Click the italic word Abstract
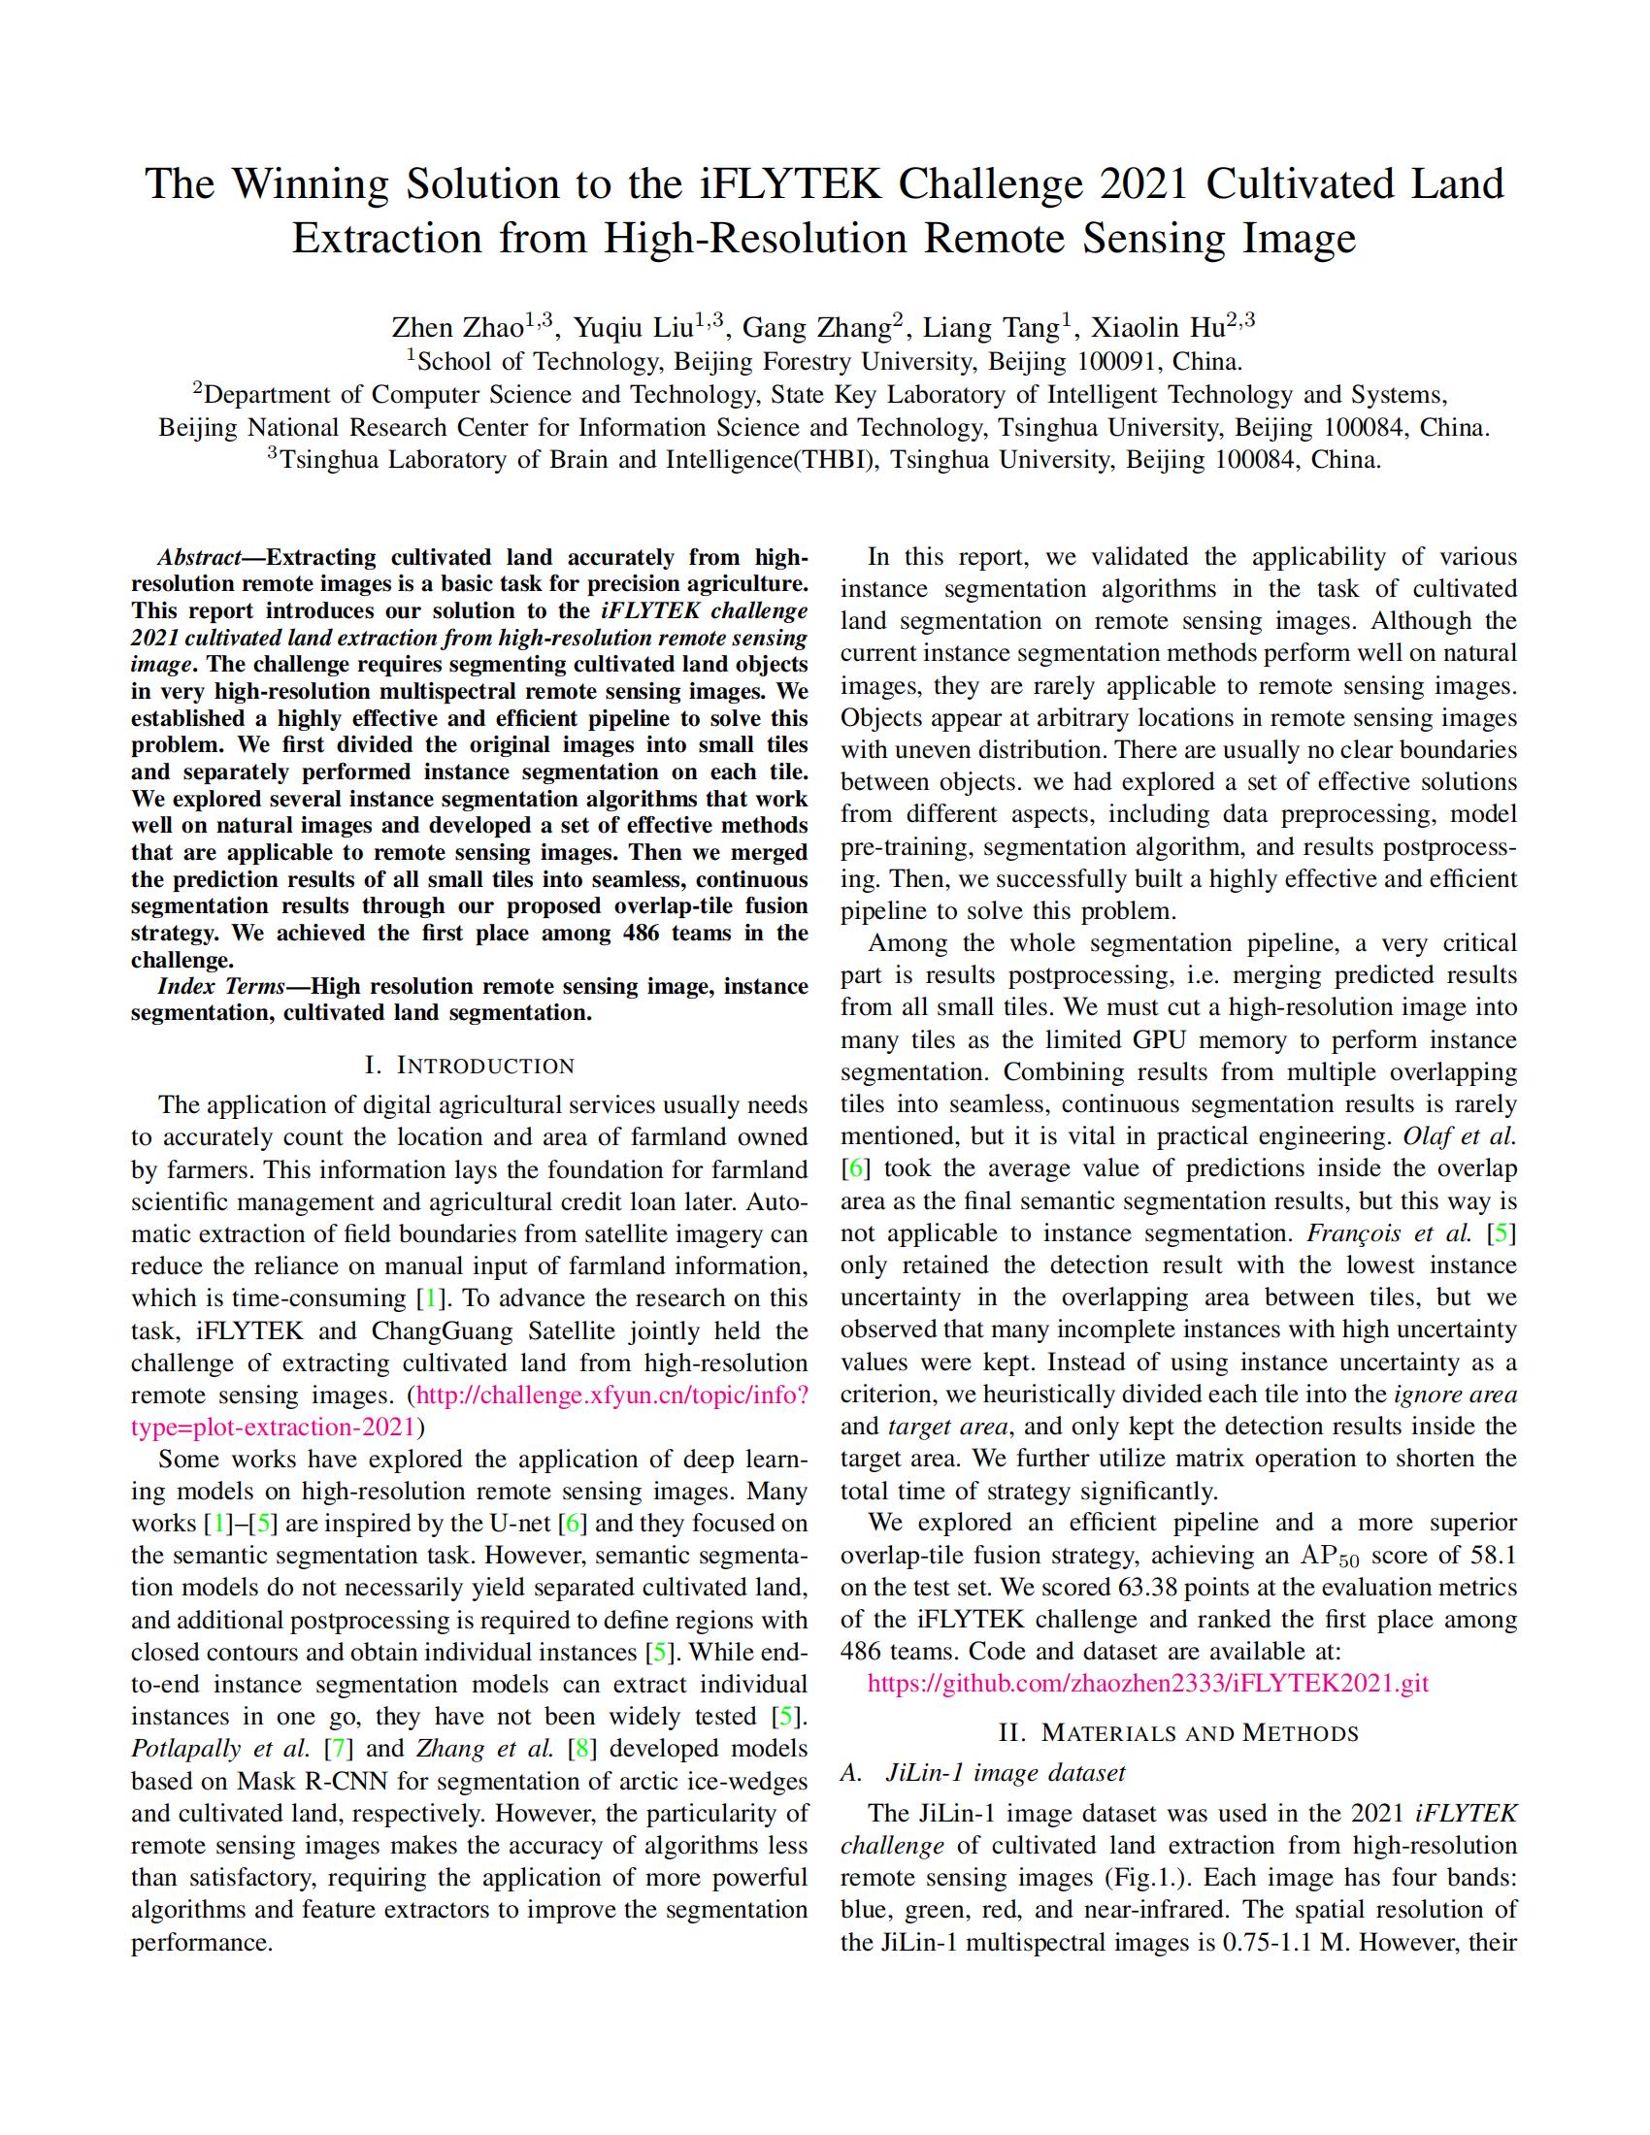(198, 558)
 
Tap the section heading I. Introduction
(469, 1066)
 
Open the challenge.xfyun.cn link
(611, 1396)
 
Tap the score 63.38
(1089, 1588)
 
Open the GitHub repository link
(1147, 1684)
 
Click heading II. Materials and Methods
(1178, 1733)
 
